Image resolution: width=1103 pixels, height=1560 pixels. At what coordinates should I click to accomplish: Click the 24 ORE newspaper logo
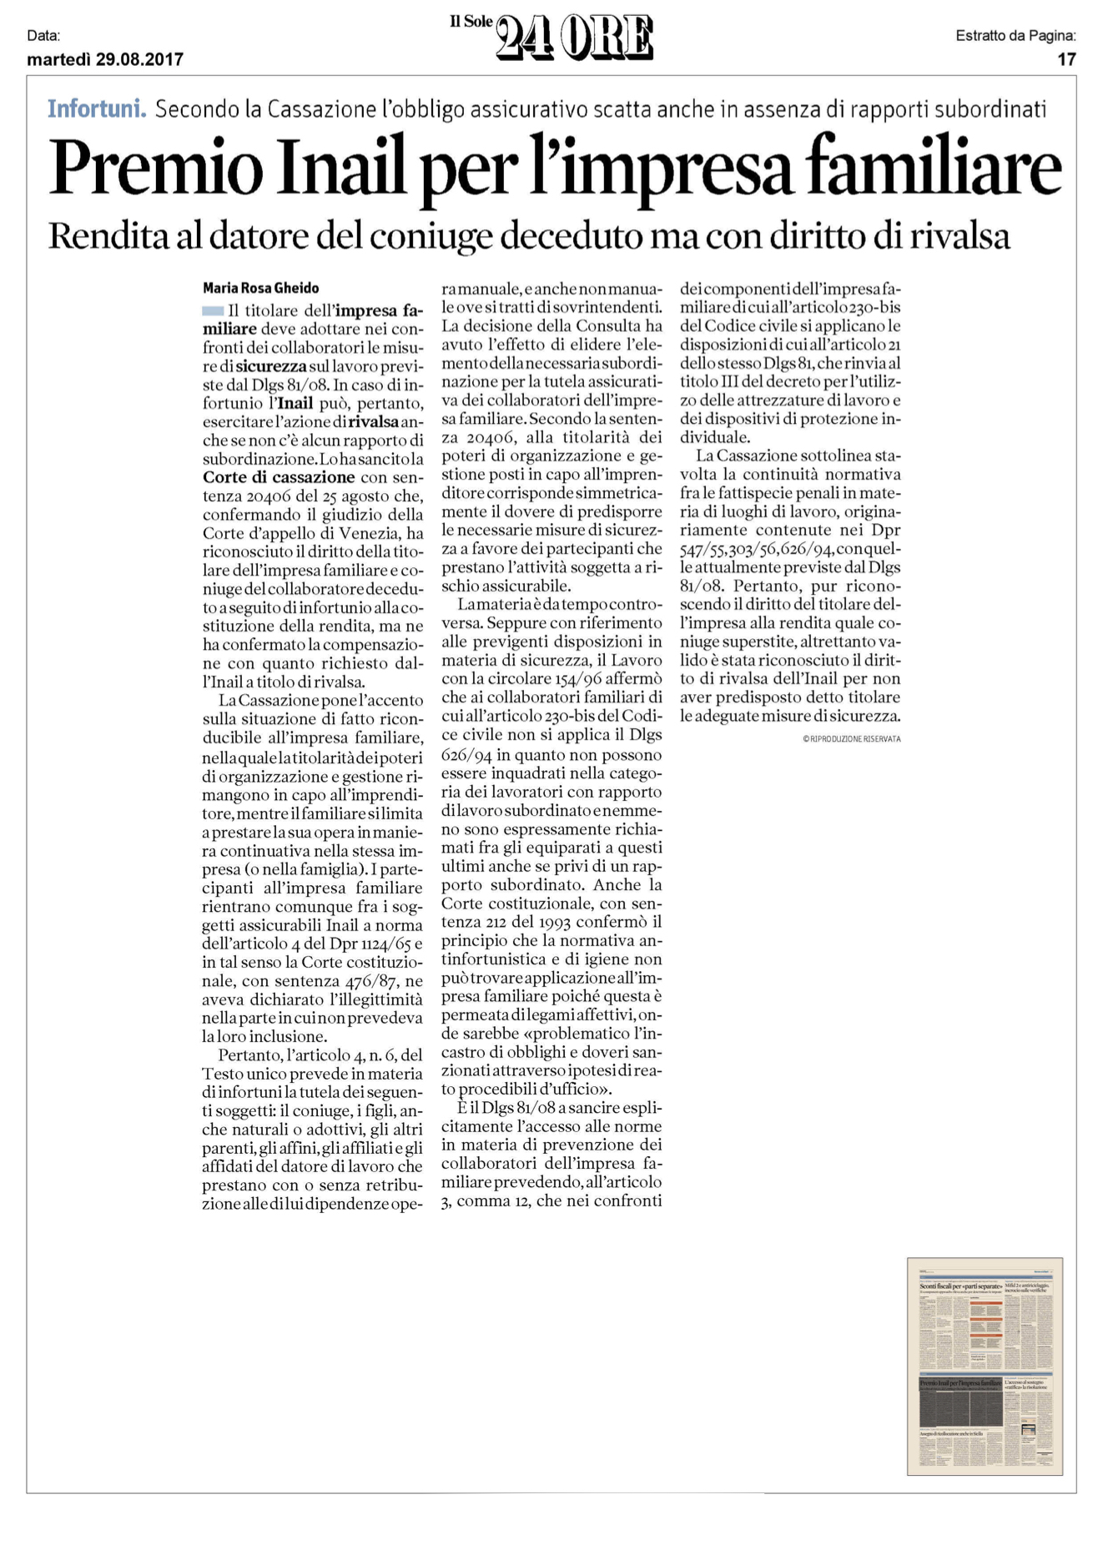574,39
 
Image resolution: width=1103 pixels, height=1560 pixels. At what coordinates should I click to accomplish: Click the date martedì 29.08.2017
105,59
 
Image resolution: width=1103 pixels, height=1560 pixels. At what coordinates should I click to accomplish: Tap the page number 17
1066,59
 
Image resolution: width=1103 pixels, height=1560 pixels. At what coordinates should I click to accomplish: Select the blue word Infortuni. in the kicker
97,108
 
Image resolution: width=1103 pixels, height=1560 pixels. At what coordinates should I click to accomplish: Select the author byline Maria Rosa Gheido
261,288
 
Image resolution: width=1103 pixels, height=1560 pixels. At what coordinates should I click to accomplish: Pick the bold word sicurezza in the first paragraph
271,366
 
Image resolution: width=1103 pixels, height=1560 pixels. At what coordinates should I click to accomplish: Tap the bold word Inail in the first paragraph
295,404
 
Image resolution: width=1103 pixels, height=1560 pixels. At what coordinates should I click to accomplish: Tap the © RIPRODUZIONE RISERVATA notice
851,738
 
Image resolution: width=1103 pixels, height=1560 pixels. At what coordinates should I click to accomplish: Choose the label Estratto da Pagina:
1015,36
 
